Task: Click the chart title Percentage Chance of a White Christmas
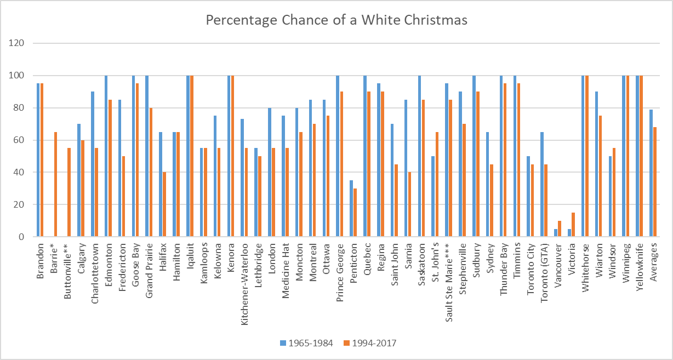pyautogui.click(x=336, y=20)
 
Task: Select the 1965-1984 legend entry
pyautogui.click(x=307, y=343)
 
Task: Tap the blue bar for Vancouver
pyautogui.click(x=556, y=233)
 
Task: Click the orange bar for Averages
pyautogui.click(x=654, y=182)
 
